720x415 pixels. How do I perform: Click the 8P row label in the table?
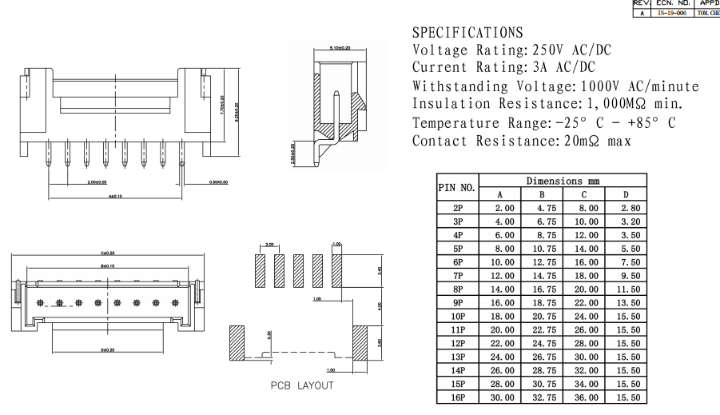(456, 287)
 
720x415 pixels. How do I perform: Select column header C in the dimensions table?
(584, 194)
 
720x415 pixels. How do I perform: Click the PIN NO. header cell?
(456, 188)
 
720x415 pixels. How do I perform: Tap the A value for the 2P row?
(500, 207)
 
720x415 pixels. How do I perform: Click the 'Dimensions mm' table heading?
(563, 181)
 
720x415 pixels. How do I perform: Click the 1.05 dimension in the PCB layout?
(317, 301)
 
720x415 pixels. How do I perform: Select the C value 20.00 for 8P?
(584, 287)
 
